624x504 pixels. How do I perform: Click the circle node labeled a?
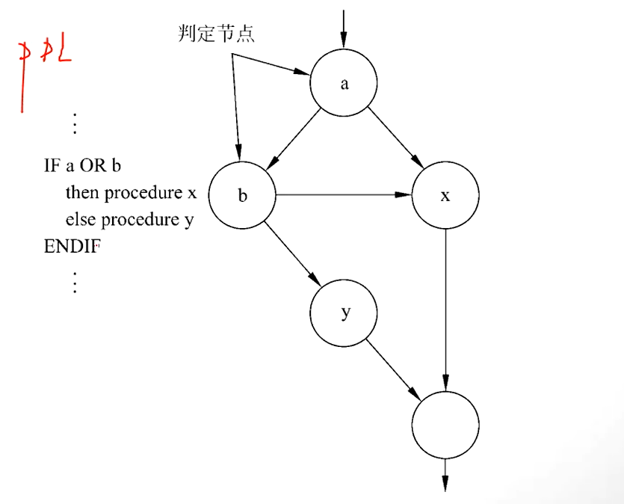(x=345, y=84)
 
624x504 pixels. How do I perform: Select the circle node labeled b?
(x=242, y=196)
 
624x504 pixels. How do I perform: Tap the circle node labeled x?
(x=445, y=196)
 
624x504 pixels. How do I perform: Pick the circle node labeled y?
(x=345, y=313)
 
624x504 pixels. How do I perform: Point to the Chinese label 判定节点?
(x=216, y=34)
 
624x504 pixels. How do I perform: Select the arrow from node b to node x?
(x=344, y=196)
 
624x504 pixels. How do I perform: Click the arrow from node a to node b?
(x=293, y=139)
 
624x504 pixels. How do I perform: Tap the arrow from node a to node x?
(x=395, y=139)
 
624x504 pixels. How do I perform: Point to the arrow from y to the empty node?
(x=394, y=367)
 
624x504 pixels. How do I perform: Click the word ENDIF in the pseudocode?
(x=71, y=246)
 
